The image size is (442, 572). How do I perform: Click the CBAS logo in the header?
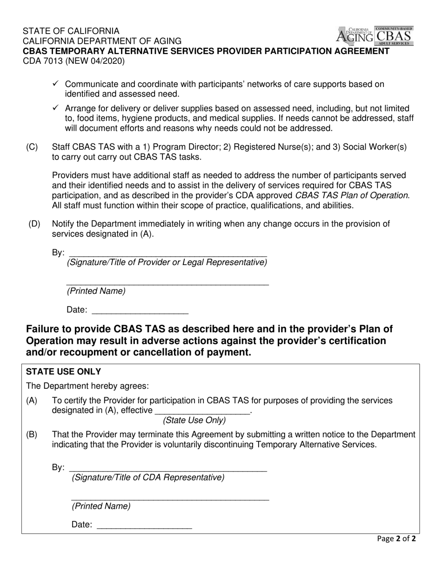tap(394, 36)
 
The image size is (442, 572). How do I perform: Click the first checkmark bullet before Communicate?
tap(55, 84)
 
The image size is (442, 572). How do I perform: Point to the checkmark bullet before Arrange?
tap(55, 108)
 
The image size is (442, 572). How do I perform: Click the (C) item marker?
tap(32, 147)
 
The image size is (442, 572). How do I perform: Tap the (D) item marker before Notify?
tap(34, 224)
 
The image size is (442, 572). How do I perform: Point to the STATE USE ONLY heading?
tap(63, 372)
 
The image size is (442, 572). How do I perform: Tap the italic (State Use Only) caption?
tap(194, 421)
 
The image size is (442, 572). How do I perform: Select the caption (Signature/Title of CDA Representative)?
tap(147, 478)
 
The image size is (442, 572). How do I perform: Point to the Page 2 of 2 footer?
tap(396, 539)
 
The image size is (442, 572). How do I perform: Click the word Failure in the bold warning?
tap(46, 329)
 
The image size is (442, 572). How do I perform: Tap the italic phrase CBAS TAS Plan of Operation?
tap(352, 195)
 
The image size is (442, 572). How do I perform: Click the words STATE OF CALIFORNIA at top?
tap(71, 31)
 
